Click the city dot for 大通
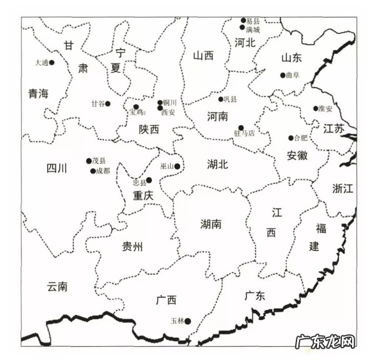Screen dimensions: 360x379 (x=52, y=63)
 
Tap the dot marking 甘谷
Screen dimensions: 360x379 (x=108, y=104)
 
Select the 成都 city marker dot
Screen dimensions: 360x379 (x=93, y=171)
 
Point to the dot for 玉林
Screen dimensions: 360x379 (x=187, y=321)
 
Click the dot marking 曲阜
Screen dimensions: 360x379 (x=283, y=75)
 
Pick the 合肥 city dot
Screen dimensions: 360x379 (x=291, y=138)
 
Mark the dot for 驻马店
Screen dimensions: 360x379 (x=241, y=128)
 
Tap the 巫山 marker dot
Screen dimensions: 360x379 (x=177, y=167)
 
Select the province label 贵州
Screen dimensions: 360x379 (x=132, y=246)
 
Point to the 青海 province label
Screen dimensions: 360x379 (x=38, y=94)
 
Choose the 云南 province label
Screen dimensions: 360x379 (x=57, y=287)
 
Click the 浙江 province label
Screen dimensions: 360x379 (x=343, y=188)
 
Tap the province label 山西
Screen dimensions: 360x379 (x=203, y=56)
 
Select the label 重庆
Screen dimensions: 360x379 (x=143, y=195)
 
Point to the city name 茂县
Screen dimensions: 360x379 (x=99, y=161)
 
